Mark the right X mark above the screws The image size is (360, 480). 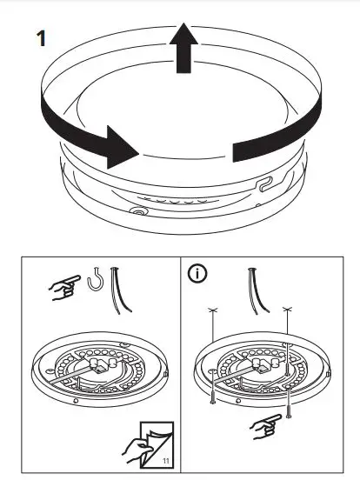click(287, 310)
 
